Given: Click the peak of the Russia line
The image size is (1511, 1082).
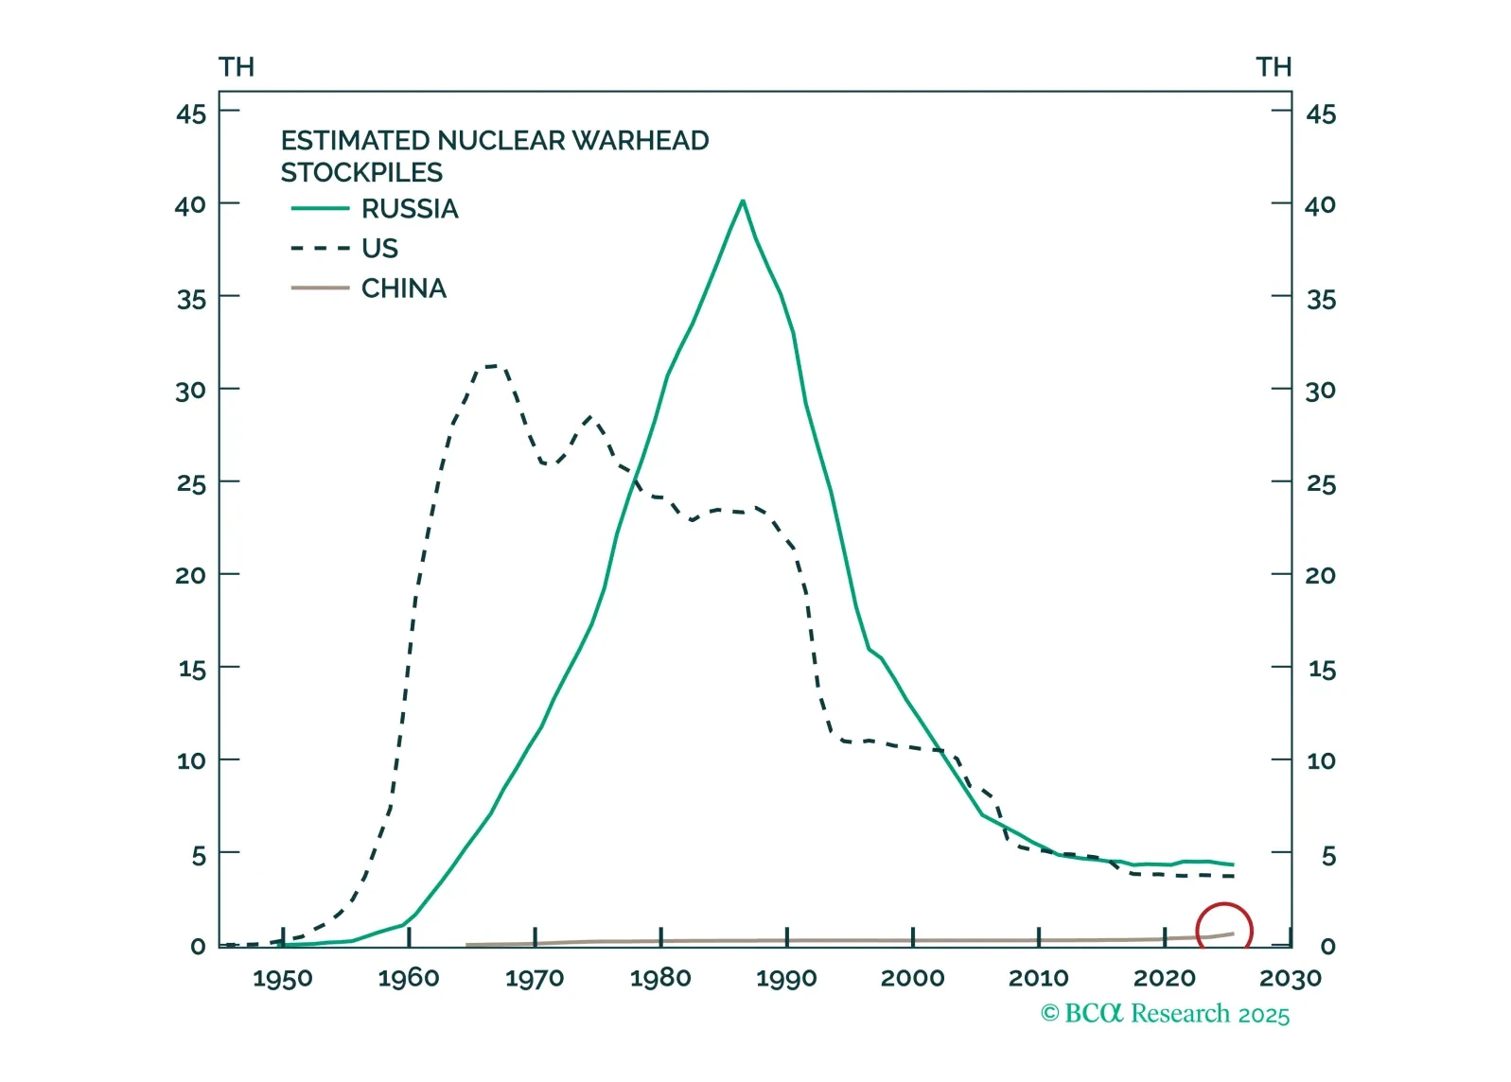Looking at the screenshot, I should tap(743, 201).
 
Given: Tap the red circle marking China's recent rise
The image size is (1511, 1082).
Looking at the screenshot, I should tap(1223, 931).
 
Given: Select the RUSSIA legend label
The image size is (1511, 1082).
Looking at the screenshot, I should tap(410, 209).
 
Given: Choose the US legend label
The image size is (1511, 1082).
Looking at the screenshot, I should tap(379, 249).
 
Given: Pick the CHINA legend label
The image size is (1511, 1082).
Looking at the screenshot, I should tap(403, 288).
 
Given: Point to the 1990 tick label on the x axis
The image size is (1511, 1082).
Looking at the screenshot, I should tap(786, 978).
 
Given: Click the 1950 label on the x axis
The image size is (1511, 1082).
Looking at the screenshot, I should tap(282, 978).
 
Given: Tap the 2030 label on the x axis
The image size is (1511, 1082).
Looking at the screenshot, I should tap(1291, 978).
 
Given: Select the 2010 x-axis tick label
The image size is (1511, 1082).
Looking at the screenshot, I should tap(1038, 978).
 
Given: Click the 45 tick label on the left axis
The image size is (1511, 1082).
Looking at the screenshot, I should tap(191, 114).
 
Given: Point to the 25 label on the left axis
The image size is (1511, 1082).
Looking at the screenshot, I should tap(191, 484).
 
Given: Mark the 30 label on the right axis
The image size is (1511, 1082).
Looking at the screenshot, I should tap(1321, 391).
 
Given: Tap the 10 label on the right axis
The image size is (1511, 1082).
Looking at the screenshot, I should tap(1321, 761).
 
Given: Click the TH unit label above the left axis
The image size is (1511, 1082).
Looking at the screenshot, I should tap(237, 67).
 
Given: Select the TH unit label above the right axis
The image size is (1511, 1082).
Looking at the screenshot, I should tap(1274, 67).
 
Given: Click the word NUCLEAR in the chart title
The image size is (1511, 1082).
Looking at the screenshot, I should tap(500, 141).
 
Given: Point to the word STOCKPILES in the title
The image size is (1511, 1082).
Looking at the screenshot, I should tap(361, 173).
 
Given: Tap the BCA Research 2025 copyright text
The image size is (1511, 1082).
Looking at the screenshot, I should tap(1165, 1014).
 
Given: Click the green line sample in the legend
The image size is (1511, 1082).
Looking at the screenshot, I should tap(320, 209).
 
